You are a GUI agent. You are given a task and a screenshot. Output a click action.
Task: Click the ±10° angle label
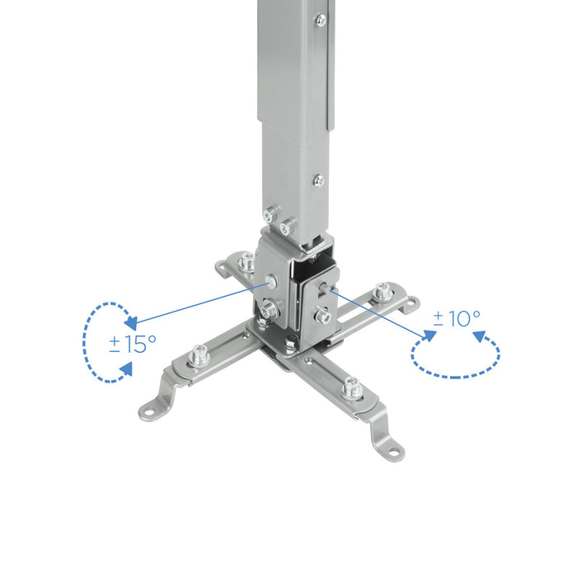tap(457, 317)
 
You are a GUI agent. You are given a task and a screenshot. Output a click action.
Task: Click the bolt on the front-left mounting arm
tap(197, 357)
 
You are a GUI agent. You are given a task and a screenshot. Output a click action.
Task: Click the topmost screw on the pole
tap(320, 19)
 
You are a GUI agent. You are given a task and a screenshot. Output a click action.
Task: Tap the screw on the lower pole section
tap(318, 180)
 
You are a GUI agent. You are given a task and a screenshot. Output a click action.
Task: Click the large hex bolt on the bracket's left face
tap(270, 311)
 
